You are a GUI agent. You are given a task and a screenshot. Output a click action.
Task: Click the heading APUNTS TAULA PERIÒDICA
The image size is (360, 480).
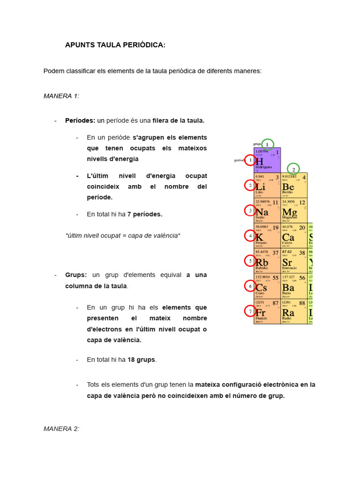[x=115, y=45]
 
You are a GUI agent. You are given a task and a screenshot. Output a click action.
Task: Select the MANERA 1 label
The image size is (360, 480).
[x=61, y=96]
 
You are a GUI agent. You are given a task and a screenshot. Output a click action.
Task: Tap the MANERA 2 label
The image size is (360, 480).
[x=61, y=428]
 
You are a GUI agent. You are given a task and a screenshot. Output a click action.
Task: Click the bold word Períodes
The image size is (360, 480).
[x=80, y=120]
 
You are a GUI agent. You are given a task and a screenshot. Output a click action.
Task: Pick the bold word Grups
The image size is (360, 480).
[x=76, y=275]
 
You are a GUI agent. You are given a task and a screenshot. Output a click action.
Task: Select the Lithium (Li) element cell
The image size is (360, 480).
[x=267, y=186]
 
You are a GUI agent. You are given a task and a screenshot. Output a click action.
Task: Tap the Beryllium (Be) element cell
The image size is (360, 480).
[x=294, y=186]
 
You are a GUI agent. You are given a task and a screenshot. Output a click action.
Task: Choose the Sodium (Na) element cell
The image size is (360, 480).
[x=267, y=211]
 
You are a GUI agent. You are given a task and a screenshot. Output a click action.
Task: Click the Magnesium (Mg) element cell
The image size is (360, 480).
[x=294, y=211]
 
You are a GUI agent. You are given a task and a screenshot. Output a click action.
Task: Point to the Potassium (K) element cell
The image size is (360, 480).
[x=267, y=236]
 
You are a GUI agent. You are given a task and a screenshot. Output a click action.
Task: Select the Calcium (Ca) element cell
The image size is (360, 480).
[x=294, y=236]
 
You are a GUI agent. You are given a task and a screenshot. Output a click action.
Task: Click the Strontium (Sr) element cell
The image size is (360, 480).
[x=294, y=261]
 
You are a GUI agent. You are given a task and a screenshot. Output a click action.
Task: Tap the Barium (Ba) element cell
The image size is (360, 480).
[x=294, y=286]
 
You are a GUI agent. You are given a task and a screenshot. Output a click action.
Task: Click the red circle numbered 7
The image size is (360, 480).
[x=250, y=311]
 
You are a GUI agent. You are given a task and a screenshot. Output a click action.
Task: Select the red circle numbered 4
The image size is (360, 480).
[x=250, y=236]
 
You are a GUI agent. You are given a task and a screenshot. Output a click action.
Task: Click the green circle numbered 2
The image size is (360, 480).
[x=293, y=169]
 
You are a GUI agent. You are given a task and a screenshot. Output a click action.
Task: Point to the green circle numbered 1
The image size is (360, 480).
[x=268, y=144]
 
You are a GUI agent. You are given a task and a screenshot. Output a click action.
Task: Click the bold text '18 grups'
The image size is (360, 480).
[x=142, y=360]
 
